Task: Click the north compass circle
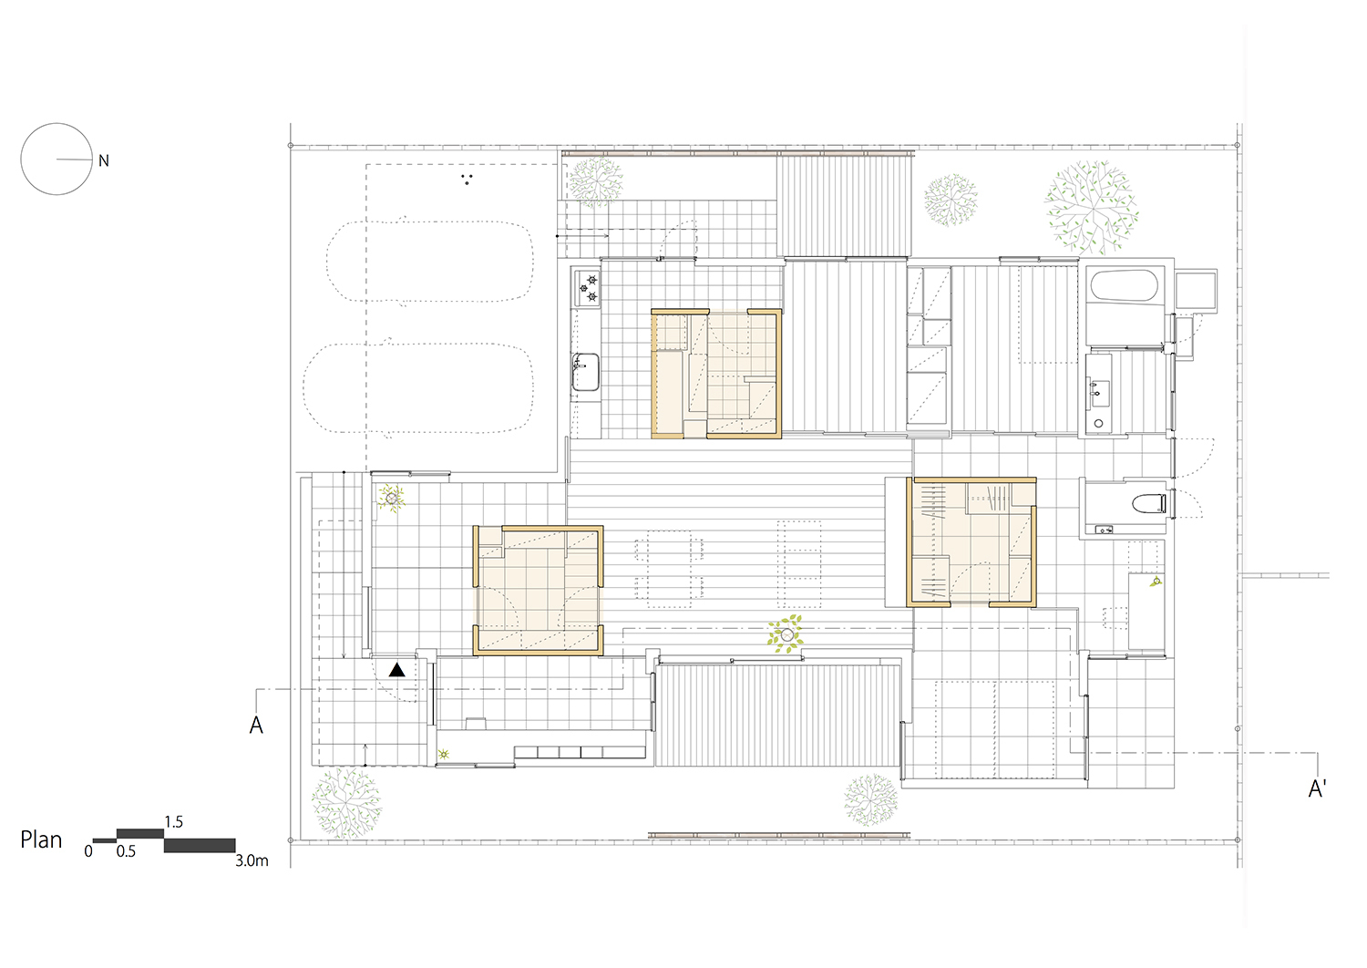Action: coord(21,160)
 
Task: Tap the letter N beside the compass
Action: coord(104,160)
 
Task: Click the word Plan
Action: coord(41,839)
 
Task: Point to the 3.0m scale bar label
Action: coord(252,860)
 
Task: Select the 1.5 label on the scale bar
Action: coord(173,821)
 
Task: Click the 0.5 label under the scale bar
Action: coord(126,851)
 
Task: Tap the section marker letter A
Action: coord(256,725)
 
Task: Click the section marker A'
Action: coord(1317,788)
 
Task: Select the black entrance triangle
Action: coord(397,670)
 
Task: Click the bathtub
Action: coord(1124,286)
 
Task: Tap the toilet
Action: coord(1149,503)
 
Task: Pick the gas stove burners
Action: coord(587,288)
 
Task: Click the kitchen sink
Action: coord(585,372)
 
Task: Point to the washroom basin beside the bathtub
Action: coord(1098,389)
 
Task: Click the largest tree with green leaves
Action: coord(1091,208)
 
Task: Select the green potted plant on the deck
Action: coord(786,634)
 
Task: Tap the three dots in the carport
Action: coord(467,180)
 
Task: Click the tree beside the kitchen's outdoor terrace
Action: coord(596,180)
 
